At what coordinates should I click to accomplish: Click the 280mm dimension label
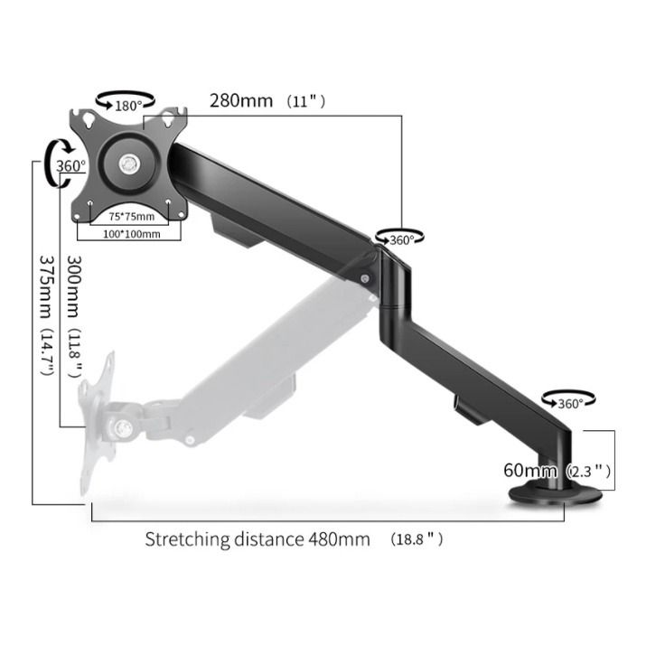coord(241,100)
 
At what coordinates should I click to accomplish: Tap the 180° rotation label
coord(129,106)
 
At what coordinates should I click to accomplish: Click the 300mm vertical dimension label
coord(77,285)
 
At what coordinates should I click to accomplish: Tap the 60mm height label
coord(530,470)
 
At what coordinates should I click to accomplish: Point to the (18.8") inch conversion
coord(417,539)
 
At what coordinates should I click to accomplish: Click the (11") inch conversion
coord(305,101)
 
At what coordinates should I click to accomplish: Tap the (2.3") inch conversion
coord(590,471)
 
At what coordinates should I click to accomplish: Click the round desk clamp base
coord(554,494)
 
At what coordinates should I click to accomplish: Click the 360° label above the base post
coord(570,403)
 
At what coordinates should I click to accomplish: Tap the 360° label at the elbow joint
coord(400,239)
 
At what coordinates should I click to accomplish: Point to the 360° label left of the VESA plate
coord(70,166)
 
